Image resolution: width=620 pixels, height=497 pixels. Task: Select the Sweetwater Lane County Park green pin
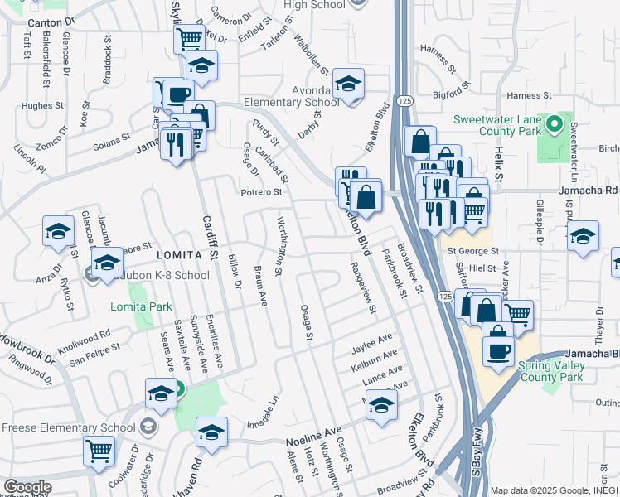pyautogui.click(x=554, y=128)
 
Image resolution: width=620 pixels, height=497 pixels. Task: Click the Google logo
pyautogui.click(x=27, y=487)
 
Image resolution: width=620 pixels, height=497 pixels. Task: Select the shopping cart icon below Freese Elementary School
pyautogui.click(x=99, y=451)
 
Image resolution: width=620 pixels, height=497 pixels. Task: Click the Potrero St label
pyautogui.click(x=261, y=192)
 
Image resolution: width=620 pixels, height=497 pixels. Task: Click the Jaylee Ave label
pyautogui.click(x=373, y=340)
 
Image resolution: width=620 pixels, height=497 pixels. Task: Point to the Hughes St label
pyautogui.click(x=42, y=105)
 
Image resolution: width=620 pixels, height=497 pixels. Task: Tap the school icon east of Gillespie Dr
pyautogui.click(x=583, y=235)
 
